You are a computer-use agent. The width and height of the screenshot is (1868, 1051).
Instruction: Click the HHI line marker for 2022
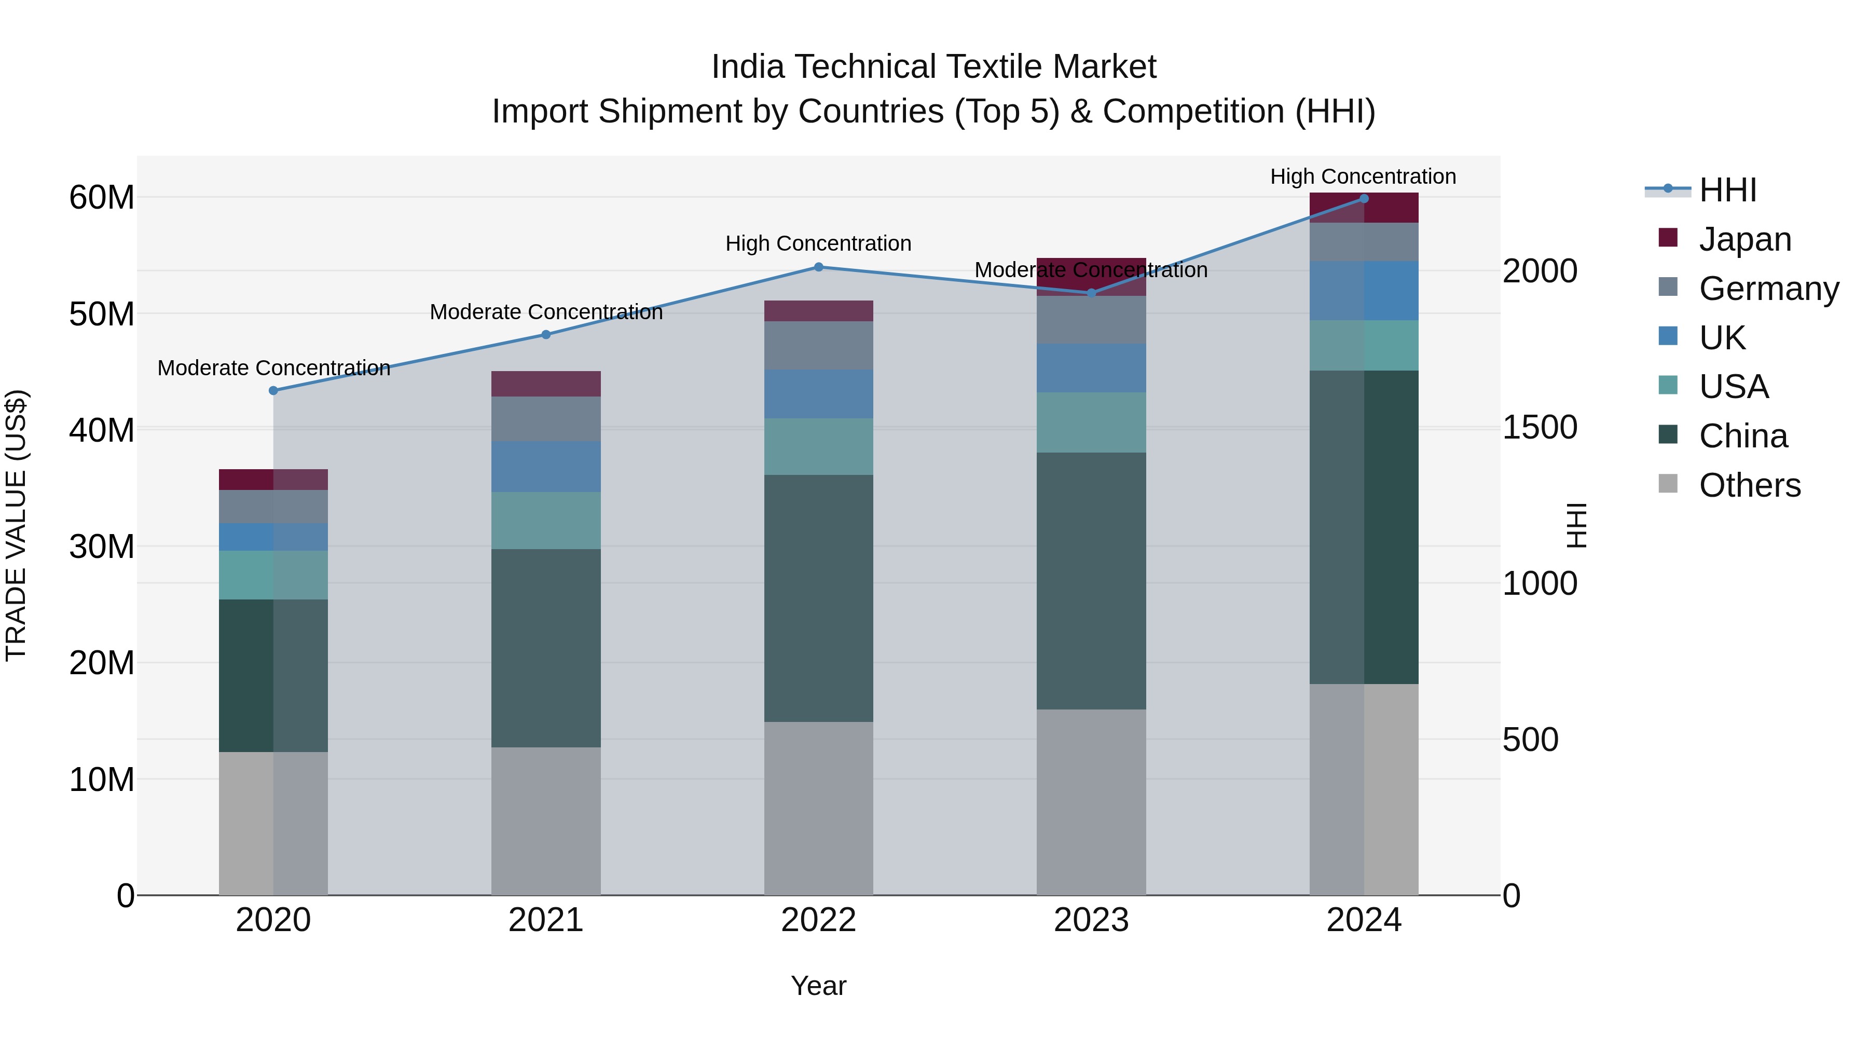click(x=819, y=267)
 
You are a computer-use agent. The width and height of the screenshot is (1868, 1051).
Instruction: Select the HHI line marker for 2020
click(x=273, y=390)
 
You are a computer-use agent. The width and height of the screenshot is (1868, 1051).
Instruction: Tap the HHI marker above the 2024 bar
click(x=1364, y=198)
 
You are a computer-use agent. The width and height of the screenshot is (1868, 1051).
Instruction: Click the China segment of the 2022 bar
click(x=819, y=598)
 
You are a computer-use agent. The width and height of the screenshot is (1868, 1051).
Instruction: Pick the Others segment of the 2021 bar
click(x=546, y=821)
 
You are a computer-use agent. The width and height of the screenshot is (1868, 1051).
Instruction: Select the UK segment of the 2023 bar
click(x=1091, y=368)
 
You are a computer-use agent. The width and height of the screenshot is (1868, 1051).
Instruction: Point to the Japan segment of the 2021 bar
click(x=546, y=384)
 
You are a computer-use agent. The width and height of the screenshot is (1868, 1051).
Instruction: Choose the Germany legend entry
click(x=1769, y=289)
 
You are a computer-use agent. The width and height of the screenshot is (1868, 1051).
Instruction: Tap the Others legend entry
click(x=1749, y=485)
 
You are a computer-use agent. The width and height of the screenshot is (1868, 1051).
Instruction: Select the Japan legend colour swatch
click(x=1668, y=238)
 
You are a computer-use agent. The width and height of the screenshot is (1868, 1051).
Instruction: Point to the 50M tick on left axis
click(x=102, y=314)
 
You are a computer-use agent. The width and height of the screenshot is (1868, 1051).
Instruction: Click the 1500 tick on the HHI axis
click(x=1540, y=427)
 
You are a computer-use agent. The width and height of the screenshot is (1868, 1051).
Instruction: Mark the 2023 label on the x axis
click(x=1091, y=920)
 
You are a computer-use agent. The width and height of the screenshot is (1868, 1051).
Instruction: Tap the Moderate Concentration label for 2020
click(x=273, y=368)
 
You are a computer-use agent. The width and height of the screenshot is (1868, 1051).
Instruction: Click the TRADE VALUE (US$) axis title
click(x=17, y=525)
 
